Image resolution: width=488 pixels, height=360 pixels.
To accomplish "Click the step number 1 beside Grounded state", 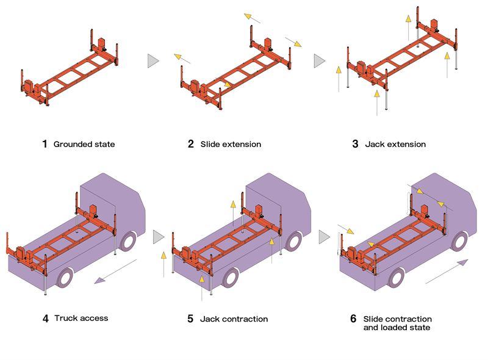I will click(x=45, y=145).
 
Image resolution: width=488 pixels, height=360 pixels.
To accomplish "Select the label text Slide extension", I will click(x=231, y=145).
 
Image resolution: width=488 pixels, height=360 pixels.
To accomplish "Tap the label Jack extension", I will click(x=395, y=145).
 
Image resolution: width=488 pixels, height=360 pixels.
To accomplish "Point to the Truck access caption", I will click(x=81, y=318).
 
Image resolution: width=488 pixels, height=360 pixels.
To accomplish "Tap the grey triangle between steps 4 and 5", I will click(x=159, y=236).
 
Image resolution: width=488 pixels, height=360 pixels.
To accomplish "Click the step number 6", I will click(x=353, y=319).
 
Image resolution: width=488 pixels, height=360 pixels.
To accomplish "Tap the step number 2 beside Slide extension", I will click(x=190, y=145).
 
